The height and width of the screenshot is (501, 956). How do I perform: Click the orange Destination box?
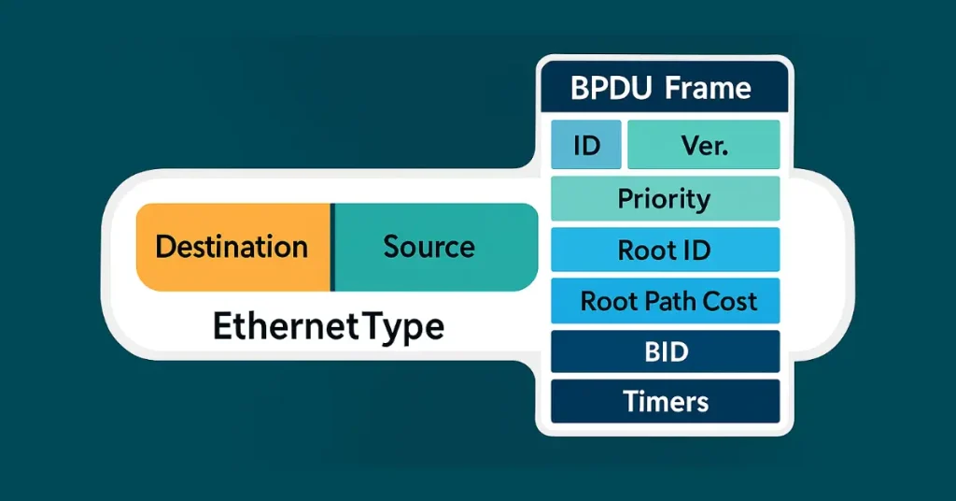pyautogui.click(x=233, y=247)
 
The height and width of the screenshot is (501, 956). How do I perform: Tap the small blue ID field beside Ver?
pyautogui.click(x=585, y=145)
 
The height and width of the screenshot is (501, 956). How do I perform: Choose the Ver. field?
pyautogui.click(x=704, y=145)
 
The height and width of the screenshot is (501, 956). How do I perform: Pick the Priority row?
pyautogui.click(x=665, y=198)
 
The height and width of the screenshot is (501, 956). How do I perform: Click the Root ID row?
pyautogui.click(x=665, y=250)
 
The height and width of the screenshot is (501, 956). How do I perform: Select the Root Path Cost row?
pyautogui.click(x=665, y=301)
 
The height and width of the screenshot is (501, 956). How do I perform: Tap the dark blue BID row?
pyautogui.click(x=665, y=351)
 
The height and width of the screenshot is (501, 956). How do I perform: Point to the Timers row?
pyautogui.click(x=665, y=402)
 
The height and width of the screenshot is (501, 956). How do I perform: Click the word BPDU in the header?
pyautogui.click(x=612, y=89)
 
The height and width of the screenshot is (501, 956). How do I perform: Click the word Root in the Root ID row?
pyautogui.click(x=645, y=250)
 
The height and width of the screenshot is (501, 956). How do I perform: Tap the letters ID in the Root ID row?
pyautogui.click(x=696, y=250)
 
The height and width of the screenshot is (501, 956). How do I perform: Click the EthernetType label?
pyautogui.click(x=329, y=327)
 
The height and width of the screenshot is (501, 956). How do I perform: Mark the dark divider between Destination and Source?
pyautogui.click(x=331, y=247)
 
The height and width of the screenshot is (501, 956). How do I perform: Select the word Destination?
pyautogui.click(x=232, y=247)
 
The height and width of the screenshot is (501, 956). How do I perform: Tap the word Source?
pyautogui.click(x=429, y=247)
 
